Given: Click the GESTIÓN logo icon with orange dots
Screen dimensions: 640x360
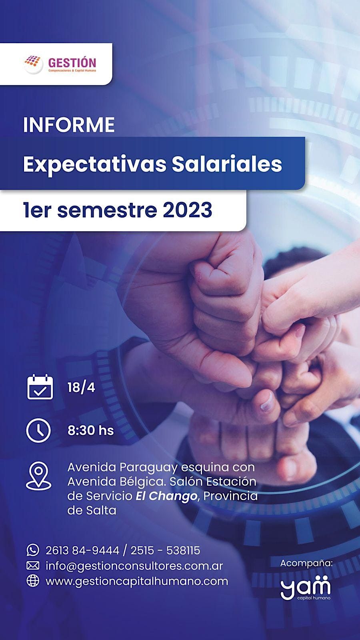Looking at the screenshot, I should coord(33,64).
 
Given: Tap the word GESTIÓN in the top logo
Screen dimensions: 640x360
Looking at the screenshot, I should coord(72,62).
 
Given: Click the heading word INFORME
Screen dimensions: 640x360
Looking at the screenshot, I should coord(69,125).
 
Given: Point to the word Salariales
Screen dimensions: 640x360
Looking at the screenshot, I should coord(227,164).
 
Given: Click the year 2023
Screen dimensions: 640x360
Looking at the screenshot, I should coord(187,210).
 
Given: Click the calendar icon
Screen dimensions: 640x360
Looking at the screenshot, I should coord(40,387).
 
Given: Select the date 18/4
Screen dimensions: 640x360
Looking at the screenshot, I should coord(81,388).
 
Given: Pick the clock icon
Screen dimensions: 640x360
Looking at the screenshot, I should coord(38,430).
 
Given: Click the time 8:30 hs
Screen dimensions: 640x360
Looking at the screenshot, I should coord(91,431).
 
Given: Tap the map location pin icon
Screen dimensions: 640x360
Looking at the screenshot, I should coord(38,476).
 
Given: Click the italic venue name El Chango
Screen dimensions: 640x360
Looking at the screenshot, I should coord(166,496).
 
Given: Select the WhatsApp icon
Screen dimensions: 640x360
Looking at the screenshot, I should coord(33,550).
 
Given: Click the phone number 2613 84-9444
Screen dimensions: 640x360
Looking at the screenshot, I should coord(82,550).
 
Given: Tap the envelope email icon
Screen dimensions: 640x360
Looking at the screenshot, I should coord(33,566).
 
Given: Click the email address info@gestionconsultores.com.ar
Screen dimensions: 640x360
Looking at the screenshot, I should coord(134,566).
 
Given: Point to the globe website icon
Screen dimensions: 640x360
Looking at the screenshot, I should coord(33,581).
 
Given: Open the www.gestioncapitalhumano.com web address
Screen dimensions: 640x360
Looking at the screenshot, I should coord(137,581).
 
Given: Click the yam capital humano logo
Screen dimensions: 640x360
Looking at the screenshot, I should coord(306,588).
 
